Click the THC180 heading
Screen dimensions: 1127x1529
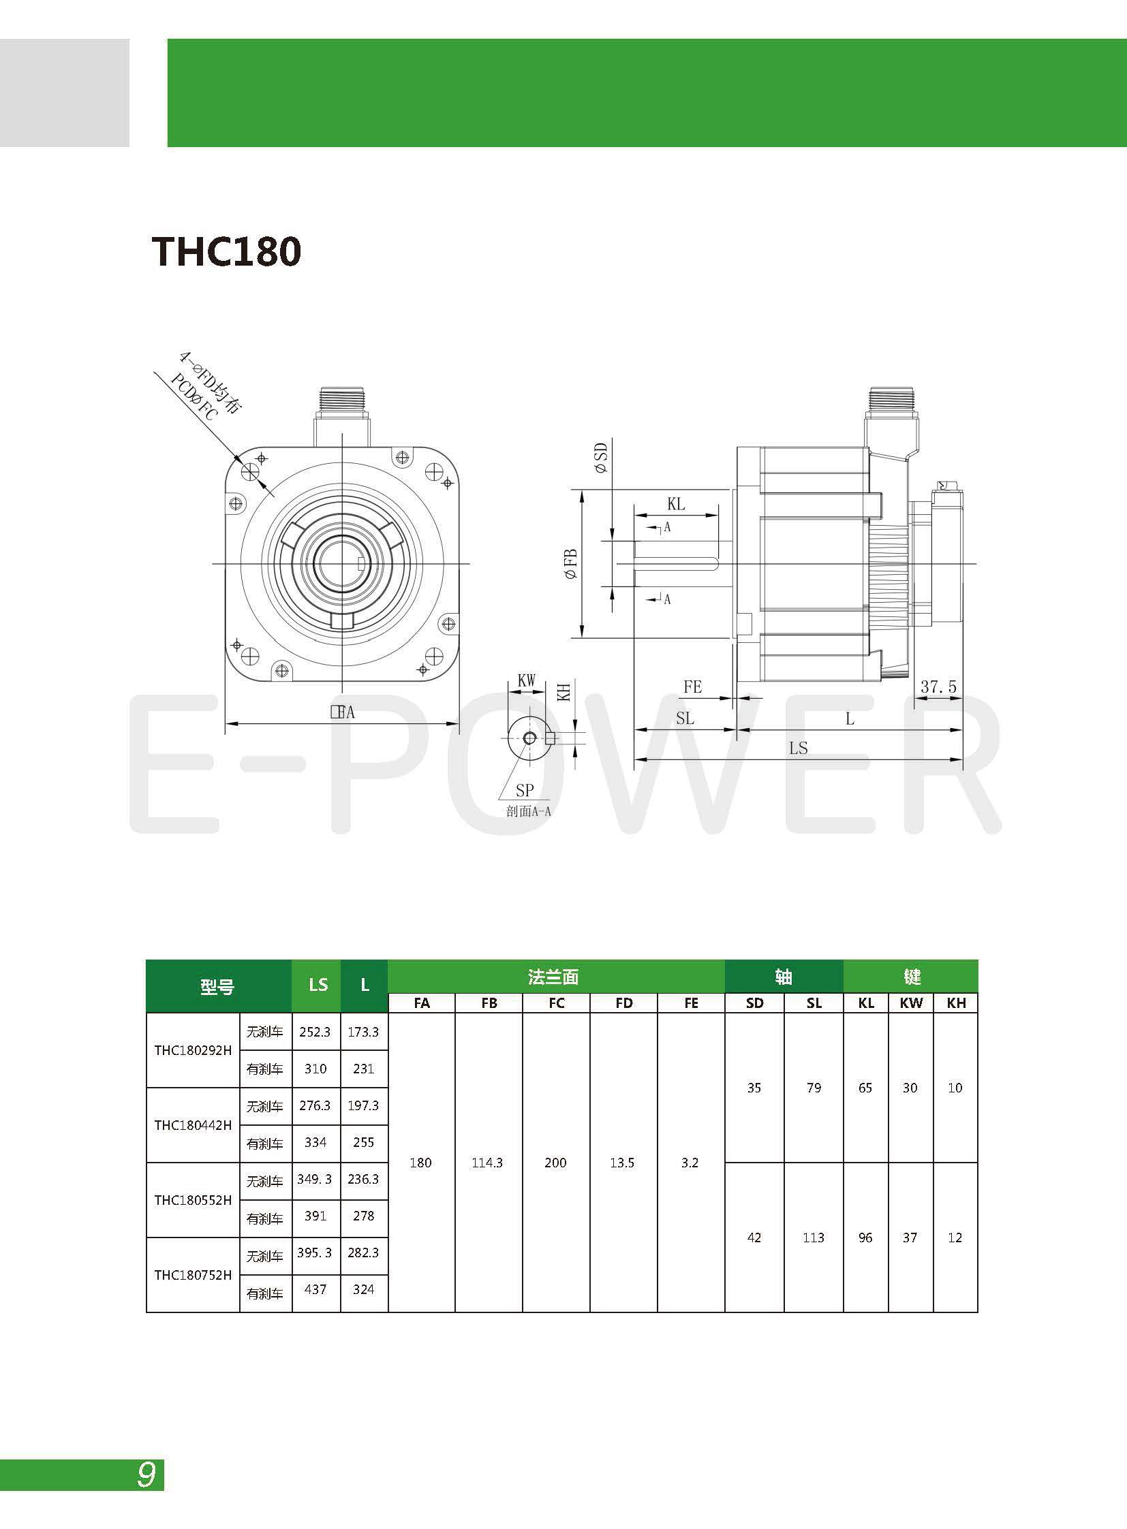coord(226,251)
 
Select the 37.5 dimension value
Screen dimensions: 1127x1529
coord(938,686)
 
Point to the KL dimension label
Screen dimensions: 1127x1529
coord(675,504)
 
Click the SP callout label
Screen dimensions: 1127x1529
coord(525,791)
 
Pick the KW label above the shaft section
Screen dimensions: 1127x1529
coord(526,680)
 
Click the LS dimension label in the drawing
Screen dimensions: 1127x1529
coord(798,748)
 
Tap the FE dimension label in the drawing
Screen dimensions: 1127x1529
coord(692,687)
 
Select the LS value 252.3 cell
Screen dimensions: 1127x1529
coord(316,1032)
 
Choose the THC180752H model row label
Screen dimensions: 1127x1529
coord(193,1275)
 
